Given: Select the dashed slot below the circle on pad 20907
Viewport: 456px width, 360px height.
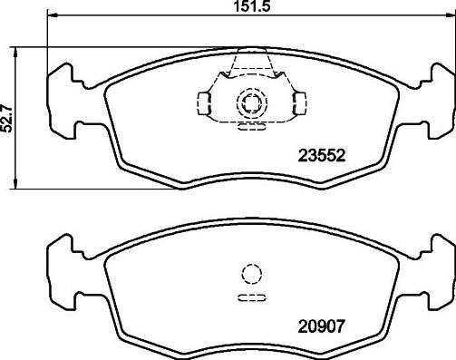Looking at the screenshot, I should point(249,297).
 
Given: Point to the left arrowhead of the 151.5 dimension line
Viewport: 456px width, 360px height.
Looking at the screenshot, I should point(48,17).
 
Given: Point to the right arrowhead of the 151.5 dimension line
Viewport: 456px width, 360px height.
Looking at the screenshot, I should point(451,17).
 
